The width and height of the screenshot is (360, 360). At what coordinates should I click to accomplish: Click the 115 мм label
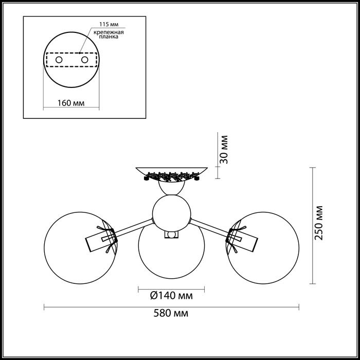[x=109, y=24]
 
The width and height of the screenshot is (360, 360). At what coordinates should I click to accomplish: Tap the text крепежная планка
[x=109, y=34]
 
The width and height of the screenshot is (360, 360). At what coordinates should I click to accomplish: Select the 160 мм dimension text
[x=71, y=103]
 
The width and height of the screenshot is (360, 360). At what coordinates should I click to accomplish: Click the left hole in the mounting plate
[x=59, y=60]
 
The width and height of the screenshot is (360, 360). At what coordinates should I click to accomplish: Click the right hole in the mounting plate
[x=84, y=60]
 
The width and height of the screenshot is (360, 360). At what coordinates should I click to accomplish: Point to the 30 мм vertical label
[x=224, y=150]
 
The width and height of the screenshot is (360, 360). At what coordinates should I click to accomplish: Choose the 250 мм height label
[x=318, y=223]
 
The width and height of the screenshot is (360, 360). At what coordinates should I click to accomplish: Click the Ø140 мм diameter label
[x=171, y=296]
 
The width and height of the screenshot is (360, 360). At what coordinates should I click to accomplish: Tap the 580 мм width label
[x=171, y=313]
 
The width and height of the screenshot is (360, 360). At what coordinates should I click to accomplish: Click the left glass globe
[x=80, y=248]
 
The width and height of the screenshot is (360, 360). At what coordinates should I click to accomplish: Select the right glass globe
[x=263, y=248]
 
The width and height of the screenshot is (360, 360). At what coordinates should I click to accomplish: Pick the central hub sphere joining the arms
[x=171, y=213]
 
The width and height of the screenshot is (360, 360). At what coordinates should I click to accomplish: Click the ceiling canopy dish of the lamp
[x=171, y=174]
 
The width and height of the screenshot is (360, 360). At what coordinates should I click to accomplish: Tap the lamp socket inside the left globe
[x=100, y=241]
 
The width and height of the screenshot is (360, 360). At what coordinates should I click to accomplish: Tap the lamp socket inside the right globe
[x=243, y=241]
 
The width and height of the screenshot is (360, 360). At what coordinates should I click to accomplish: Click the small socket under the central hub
[x=171, y=235]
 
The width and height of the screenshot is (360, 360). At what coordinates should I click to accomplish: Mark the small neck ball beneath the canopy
[x=171, y=188]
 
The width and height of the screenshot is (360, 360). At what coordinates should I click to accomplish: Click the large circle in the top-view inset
[x=71, y=60]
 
